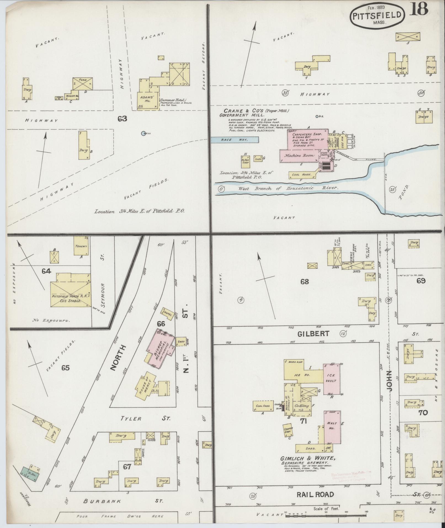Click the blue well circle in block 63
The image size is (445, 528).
pos(143,133)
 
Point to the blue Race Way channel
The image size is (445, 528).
pos(235,140)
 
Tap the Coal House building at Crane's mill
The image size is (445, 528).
pos(302,175)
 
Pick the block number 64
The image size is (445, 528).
pos(46,271)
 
